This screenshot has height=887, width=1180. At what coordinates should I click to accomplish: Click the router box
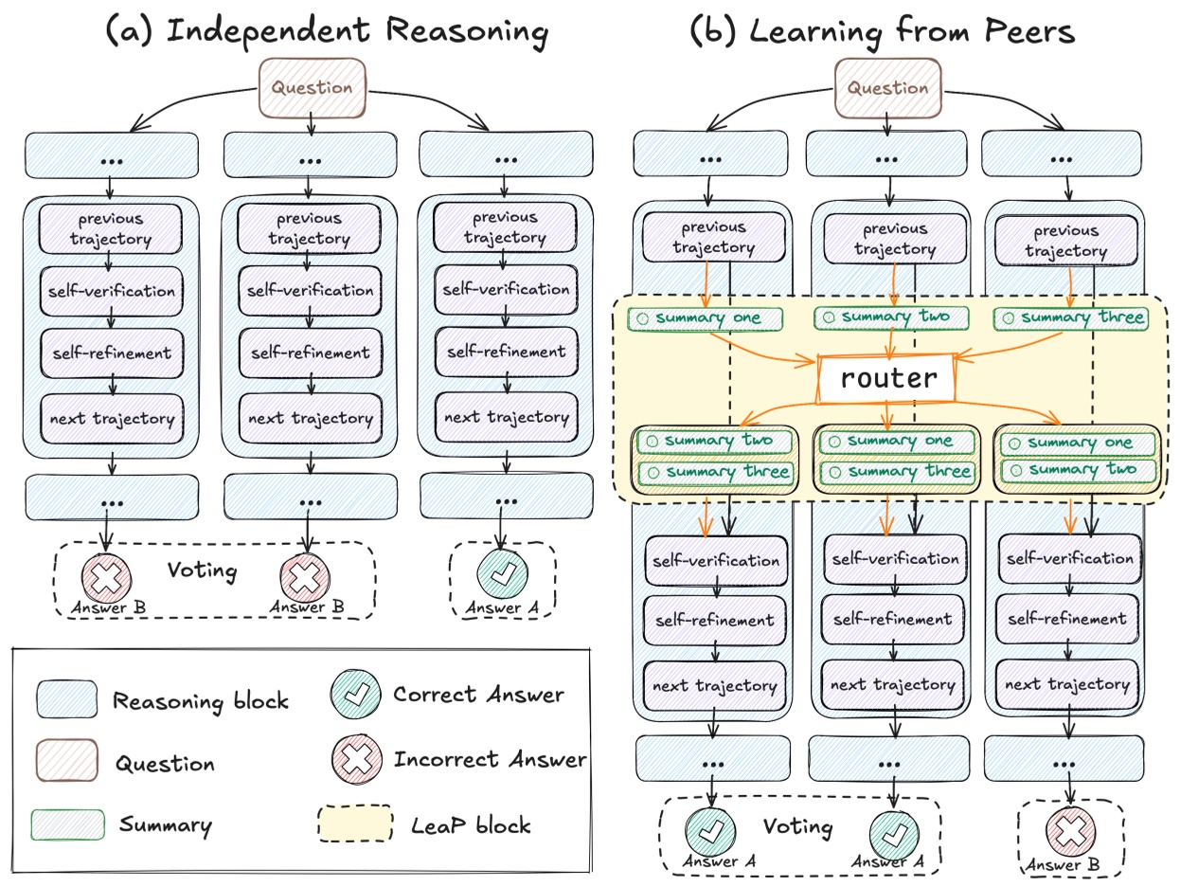pos(888,379)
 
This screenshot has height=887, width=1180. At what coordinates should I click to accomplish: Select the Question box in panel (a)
pos(312,88)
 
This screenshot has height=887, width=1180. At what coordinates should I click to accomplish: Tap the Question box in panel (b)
pos(887,88)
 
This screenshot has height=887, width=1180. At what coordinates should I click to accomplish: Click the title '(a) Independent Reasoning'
pos(327,31)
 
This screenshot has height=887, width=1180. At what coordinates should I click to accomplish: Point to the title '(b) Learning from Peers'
pos(882,31)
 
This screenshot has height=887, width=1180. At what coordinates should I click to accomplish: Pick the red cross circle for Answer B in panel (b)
pos(1070,832)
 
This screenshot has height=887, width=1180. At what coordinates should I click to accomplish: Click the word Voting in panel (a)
pos(202,570)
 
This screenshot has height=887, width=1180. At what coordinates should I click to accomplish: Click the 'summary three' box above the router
pos(1070,318)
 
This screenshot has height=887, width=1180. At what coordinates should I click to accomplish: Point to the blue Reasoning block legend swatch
pos(66,700)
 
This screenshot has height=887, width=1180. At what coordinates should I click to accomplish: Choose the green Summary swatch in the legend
pos(66,824)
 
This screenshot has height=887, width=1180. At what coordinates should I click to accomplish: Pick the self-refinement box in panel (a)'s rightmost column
pos(505,352)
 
